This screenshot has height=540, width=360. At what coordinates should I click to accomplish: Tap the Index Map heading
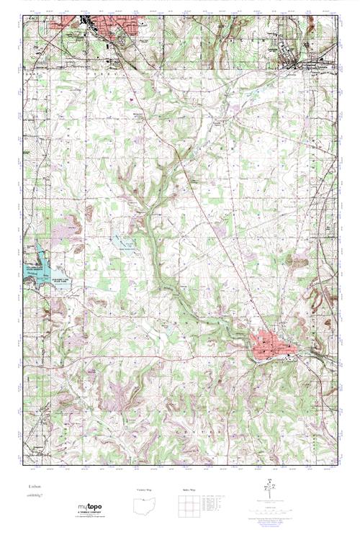tap(189, 490)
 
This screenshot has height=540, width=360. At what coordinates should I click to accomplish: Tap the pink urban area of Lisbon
tap(272, 345)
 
